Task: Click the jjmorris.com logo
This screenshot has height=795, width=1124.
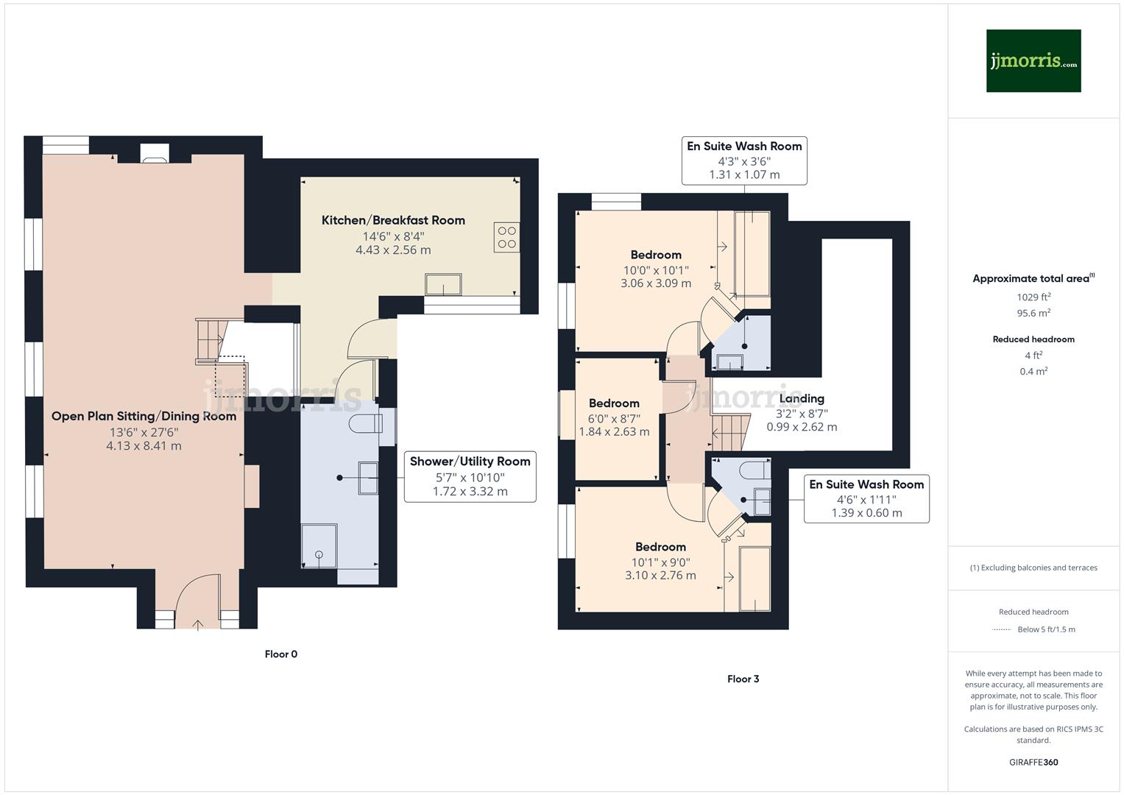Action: (x=1033, y=61)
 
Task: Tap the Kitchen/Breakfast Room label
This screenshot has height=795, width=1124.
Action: (x=393, y=220)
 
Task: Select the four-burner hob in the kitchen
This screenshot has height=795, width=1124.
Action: (x=507, y=238)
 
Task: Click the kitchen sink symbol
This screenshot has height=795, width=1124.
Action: (x=443, y=284)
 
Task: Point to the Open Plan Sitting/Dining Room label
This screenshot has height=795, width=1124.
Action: (x=144, y=416)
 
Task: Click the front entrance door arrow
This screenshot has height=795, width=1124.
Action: (x=198, y=624)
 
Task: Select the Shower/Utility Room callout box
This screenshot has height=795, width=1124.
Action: (x=470, y=476)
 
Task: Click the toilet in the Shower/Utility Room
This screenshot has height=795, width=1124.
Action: (x=366, y=423)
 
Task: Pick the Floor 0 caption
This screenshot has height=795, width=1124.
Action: (x=281, y=654)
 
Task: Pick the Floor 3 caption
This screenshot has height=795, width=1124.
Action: (x=743, y=679)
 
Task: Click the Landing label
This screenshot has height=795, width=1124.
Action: (x=802, y=398)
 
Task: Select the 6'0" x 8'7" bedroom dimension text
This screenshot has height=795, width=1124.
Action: (x=614, y=418)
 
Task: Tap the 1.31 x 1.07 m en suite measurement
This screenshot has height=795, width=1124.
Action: (x=744, y=174)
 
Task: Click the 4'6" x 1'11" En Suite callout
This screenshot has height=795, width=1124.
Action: (x=866, y=499)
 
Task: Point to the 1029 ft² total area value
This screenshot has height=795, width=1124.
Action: (x=1033, y=297)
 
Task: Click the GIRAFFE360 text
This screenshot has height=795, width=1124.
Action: (x=1033, y=762)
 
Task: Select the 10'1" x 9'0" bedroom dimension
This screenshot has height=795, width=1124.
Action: (x=660, y=562)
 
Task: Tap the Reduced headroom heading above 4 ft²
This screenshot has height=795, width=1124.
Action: (x=1033, y=339)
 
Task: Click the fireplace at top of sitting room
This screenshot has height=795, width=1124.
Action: (x=155, y=153)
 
